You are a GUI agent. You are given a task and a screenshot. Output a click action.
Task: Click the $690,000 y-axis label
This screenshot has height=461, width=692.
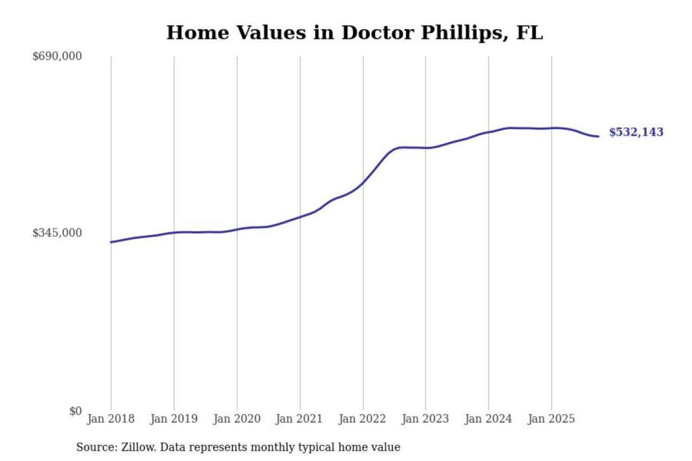coord(57,56)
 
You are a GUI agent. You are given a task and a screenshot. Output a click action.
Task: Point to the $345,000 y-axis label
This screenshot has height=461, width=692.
coord(57,233)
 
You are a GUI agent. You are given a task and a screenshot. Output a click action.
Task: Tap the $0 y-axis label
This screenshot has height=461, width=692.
coord(75,411)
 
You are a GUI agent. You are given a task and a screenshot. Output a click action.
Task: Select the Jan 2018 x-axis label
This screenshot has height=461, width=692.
coord(111,419)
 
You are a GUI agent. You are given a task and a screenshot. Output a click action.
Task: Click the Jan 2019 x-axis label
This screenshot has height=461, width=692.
coord(173,419)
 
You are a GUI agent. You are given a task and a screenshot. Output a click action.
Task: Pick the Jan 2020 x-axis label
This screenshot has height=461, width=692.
coord(236,419)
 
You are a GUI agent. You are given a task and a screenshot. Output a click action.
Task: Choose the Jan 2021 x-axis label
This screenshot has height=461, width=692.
coord(299,419)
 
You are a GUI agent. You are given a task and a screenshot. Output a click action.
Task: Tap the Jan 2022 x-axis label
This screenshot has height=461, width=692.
coord(362,419)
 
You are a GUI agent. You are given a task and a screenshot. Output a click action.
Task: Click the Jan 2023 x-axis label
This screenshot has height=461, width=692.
coord(425,419)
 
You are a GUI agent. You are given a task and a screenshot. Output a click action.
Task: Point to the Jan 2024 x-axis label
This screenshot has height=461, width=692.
coord(488,419)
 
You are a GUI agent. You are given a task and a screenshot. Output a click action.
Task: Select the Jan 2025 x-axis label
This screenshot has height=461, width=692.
coord(551,419)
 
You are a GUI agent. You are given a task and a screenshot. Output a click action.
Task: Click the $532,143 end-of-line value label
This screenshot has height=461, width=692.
coord(636,132)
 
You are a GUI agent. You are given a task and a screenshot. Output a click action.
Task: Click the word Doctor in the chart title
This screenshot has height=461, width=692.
coord(377,33)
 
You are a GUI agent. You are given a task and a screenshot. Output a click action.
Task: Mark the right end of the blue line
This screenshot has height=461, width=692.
coord(598,136)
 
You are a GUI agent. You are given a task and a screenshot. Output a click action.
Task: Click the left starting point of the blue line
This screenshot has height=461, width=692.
coord(111,242)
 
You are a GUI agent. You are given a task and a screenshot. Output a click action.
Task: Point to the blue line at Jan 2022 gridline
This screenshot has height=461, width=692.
coord(363,182)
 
